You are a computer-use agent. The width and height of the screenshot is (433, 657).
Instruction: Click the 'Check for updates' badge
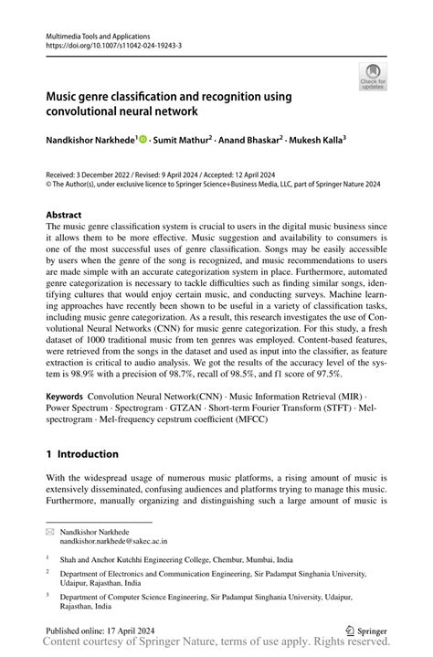tap(373, 77)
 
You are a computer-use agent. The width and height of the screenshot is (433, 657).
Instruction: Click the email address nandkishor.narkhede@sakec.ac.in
tap(114, 540)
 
